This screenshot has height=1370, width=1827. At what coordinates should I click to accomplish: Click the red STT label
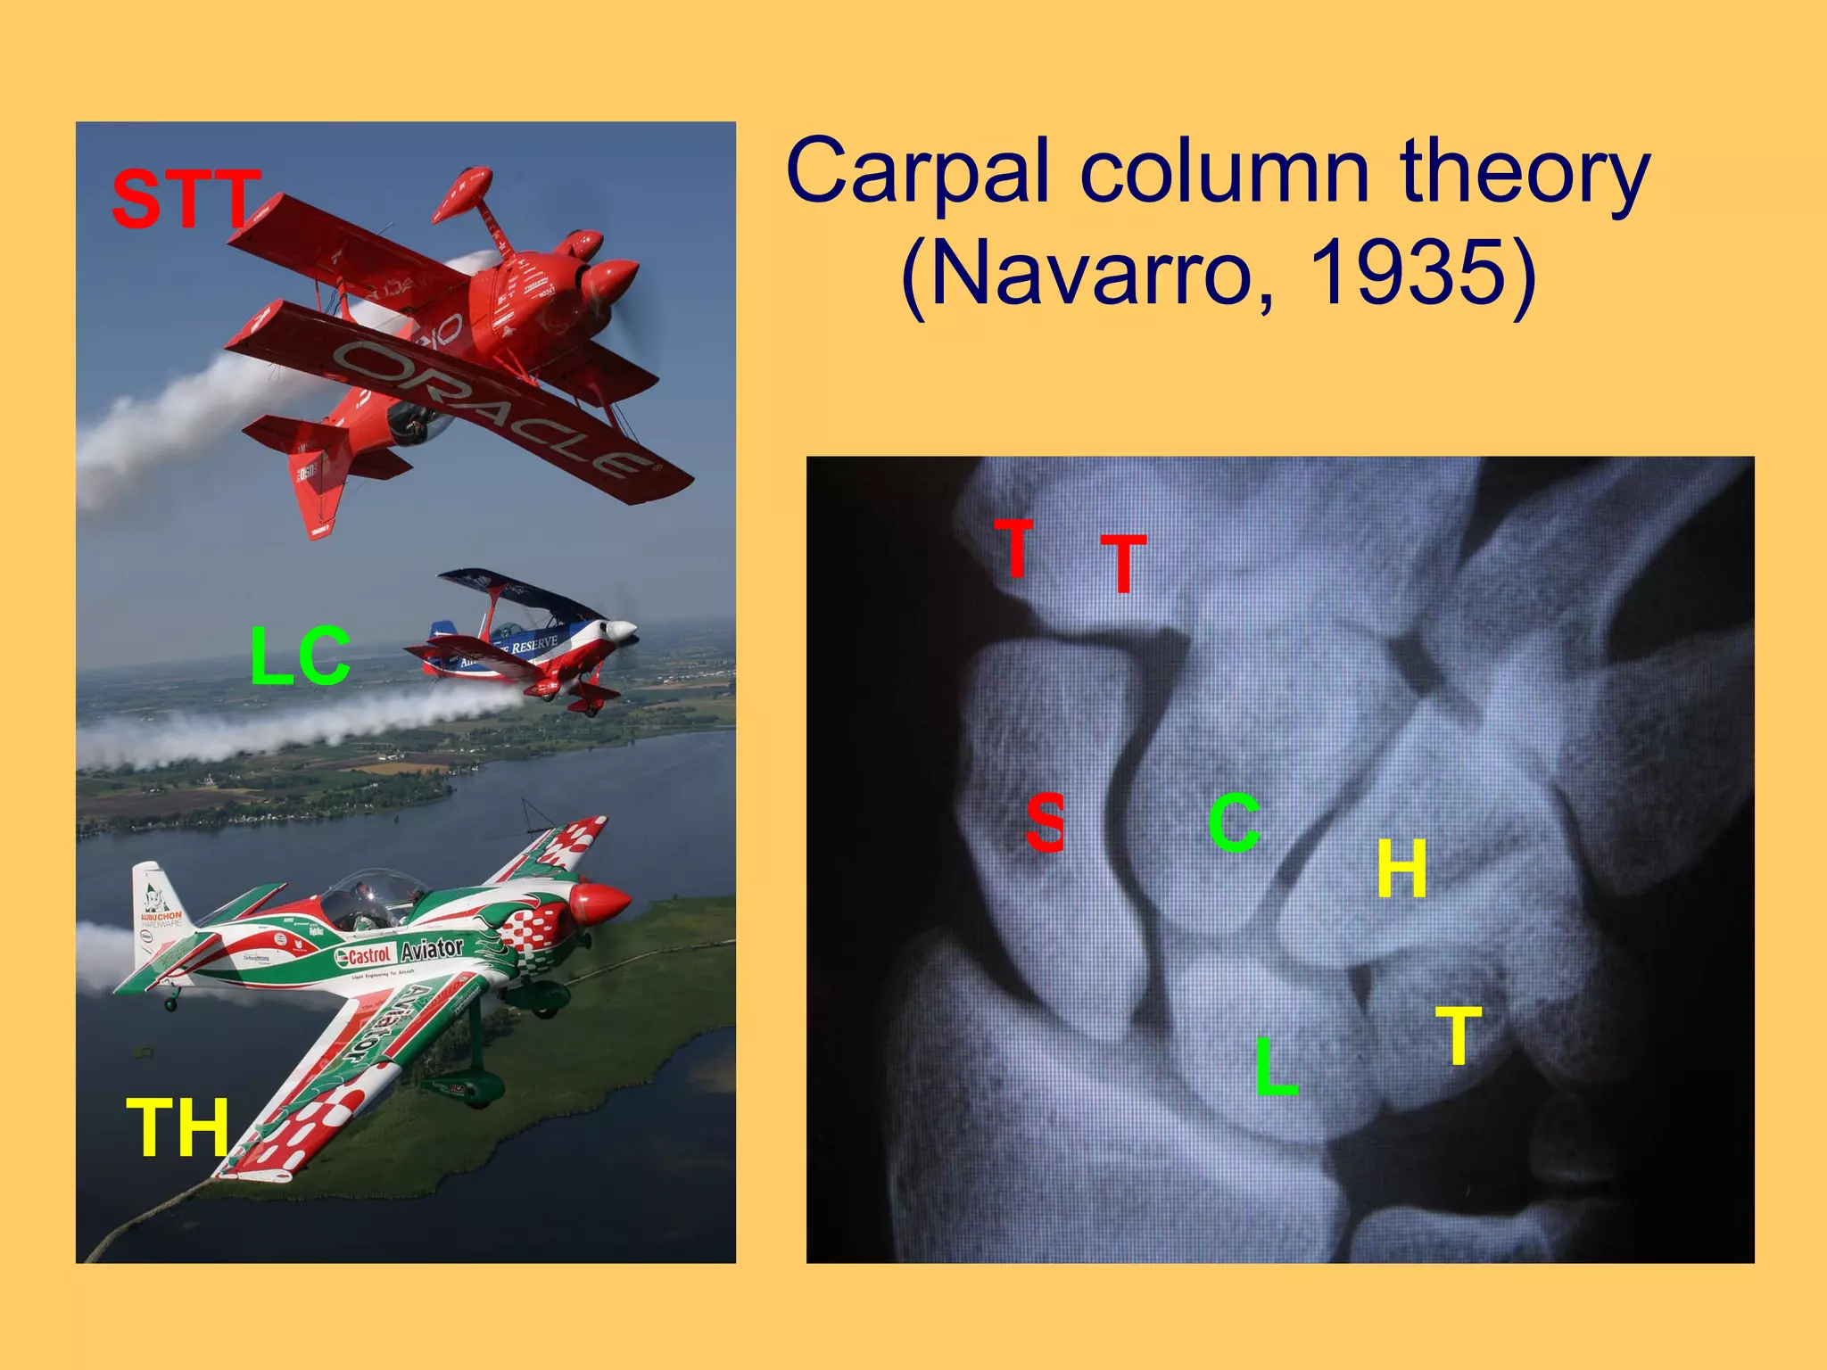point(186,199)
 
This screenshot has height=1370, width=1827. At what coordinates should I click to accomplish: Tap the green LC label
point(300,657)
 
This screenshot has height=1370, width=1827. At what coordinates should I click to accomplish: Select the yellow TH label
point(178,1128)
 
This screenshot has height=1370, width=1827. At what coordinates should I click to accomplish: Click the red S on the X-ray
point(1045,822)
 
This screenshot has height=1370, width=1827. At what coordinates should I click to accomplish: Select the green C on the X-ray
point(1235,822)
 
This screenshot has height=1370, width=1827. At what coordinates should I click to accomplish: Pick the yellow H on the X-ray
point(1401,869)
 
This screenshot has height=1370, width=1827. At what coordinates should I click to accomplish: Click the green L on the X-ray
point(1276,1067)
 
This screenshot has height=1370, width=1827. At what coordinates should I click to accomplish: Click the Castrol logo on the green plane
point(363,956)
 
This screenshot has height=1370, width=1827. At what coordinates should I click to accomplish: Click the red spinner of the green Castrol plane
point(602,903)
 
